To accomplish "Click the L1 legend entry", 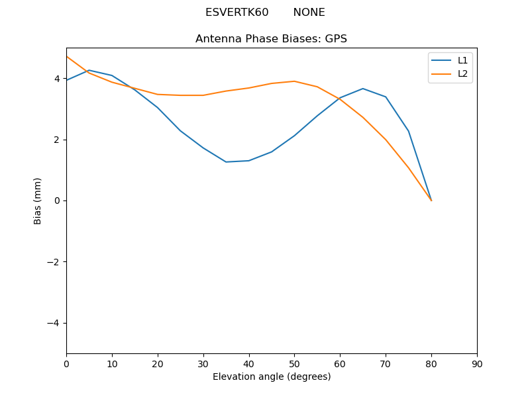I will [x=462, y=60].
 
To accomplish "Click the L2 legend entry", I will [x=462, y=73].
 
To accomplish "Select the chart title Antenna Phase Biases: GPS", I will [x=271, y=39].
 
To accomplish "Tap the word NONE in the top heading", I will [x=309, y=13].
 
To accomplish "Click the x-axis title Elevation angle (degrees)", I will [x=271, y=376].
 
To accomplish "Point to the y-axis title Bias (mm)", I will [x=38, y=200].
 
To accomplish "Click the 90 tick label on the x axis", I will [x=477, y=364].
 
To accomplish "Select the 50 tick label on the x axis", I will [x=294, y=364].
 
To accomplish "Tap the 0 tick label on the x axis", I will [x=66, y=364].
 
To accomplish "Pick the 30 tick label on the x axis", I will [x=203, y=364].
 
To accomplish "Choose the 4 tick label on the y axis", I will [x=58, y=79].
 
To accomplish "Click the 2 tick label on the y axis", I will [x=58, y=140].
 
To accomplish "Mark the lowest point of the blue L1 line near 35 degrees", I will [x=226, y=162].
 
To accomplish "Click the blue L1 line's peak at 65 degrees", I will [x=363, y=89].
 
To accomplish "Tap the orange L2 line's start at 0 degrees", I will [x=66, y=56].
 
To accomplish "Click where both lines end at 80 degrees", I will [x=431, y=200].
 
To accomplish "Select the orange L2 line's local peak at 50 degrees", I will [x=294, y=81].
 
